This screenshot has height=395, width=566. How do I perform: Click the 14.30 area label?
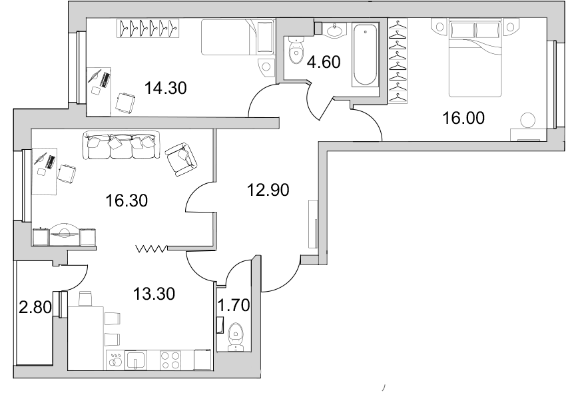(165, 88)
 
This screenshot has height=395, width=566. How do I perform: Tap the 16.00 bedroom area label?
(463, 118)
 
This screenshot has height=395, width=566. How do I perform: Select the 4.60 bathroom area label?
(324, 62)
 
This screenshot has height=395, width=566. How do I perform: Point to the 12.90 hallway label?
(268, 190)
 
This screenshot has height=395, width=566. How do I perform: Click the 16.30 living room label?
(127, 200)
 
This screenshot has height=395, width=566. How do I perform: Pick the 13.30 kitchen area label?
(154, 294)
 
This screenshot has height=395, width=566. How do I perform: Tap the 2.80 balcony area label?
(35, 308)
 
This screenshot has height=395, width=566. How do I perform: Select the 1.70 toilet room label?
(234, 306)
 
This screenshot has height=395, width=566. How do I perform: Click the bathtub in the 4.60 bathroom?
(366, 55)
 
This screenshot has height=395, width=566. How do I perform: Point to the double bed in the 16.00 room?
(475, 59)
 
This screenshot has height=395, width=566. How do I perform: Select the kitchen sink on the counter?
(135, 360)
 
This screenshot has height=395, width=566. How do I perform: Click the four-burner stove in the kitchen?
(170, 360)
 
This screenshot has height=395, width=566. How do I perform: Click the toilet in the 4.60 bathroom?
(296, 51)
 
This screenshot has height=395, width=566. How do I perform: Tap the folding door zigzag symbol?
(152, 248)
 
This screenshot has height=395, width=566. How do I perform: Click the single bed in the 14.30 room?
(238, 37)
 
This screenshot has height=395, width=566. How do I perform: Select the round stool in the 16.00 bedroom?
(527, 121)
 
